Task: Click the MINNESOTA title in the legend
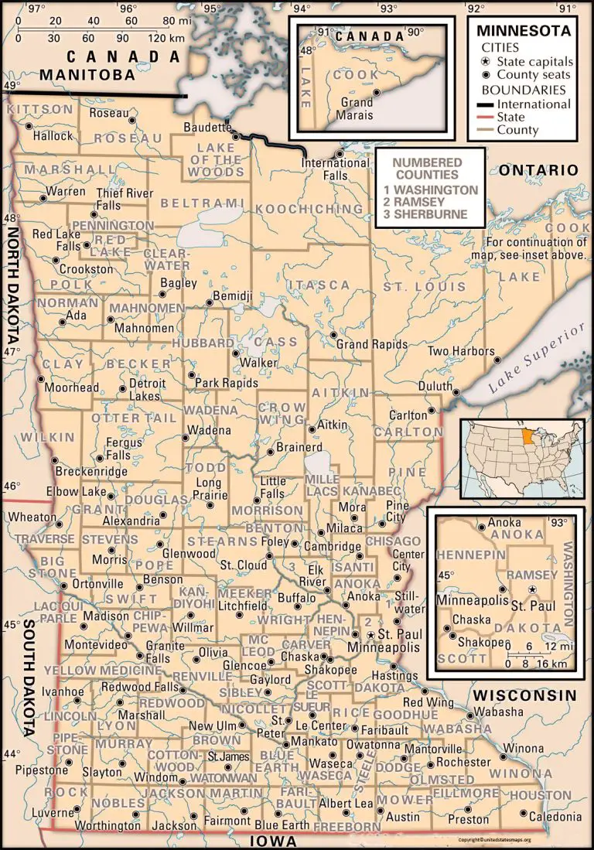coord(523,32)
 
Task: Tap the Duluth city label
coord(436,385)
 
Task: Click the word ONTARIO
coord(538,170)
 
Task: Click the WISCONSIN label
coord(525,695)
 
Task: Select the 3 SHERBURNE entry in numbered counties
coord(430,214)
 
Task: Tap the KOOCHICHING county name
coord(298,210)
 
